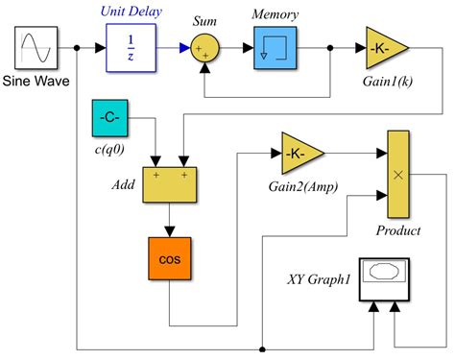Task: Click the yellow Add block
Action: (x=169, y=183)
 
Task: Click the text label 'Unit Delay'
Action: (x=131, y=12)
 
